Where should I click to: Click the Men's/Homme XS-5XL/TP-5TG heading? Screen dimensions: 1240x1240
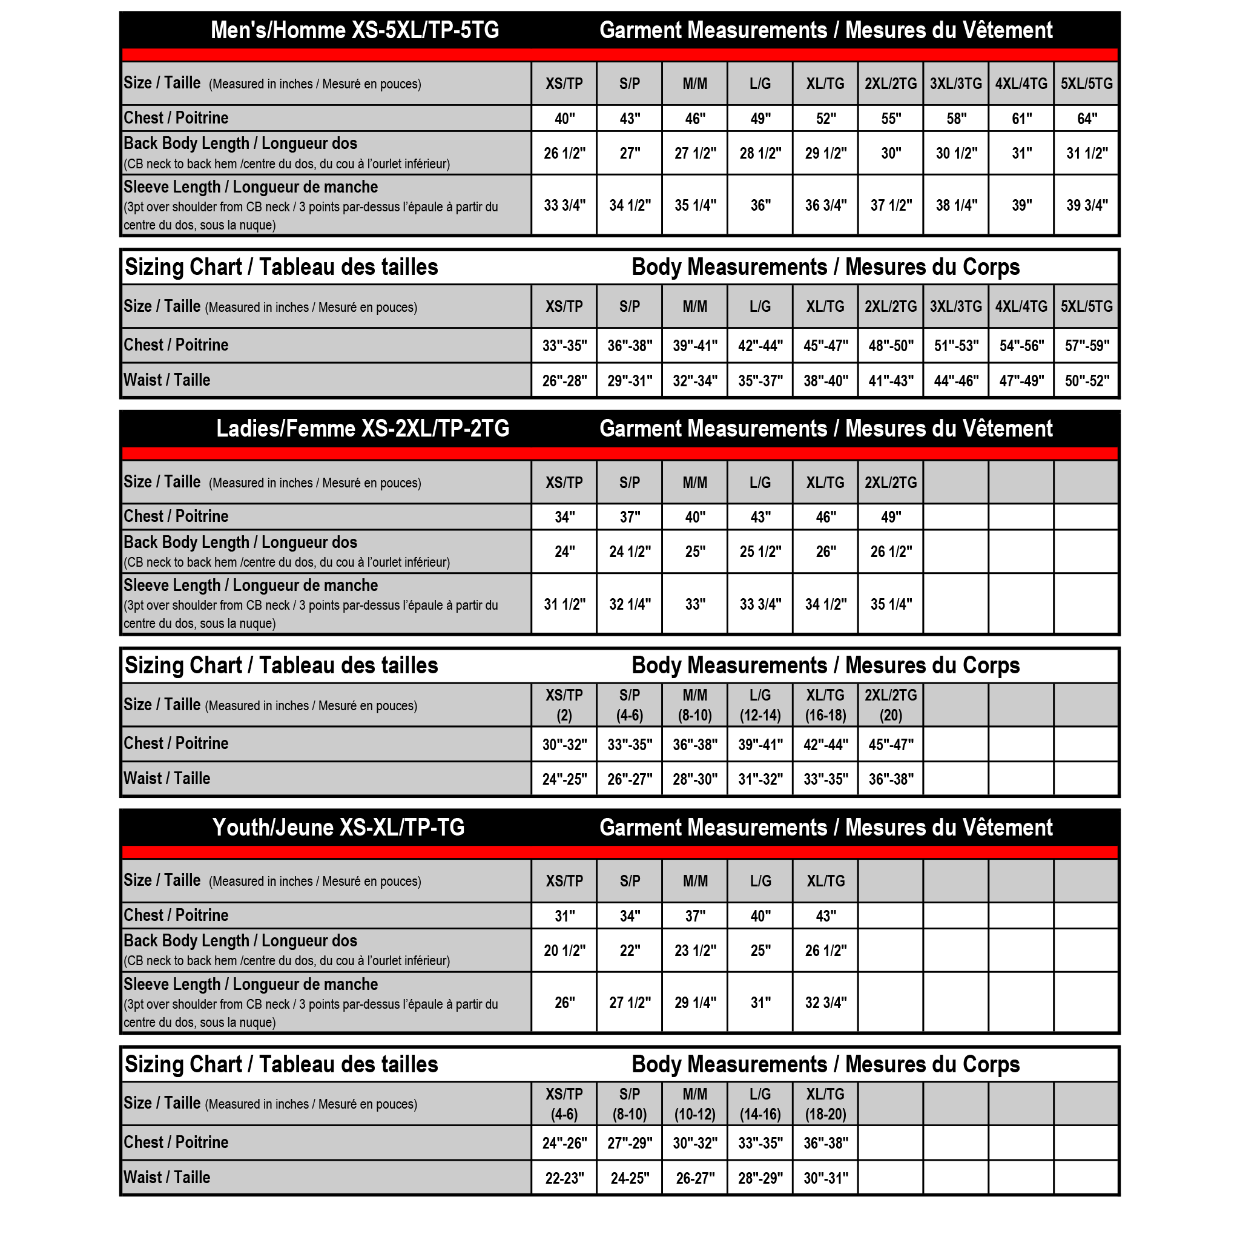click(354, 30)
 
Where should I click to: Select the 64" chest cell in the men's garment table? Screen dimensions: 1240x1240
click(1087, 119)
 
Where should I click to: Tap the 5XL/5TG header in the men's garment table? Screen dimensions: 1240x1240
click(1087, 84)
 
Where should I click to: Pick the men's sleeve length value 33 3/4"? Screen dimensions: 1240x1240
click(564, 205)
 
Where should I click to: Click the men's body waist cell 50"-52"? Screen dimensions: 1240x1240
click(1087, 381)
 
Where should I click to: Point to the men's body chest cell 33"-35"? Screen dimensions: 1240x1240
click(564, 346)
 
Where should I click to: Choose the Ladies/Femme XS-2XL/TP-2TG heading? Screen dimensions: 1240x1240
click(363, 429)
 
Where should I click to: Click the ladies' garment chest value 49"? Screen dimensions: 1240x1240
click(891, 517)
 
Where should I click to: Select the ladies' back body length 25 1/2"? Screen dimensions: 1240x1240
click(760, 552)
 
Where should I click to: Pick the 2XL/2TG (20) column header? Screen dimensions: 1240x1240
click(891, 705)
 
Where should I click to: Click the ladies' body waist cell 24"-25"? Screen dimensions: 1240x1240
click(564, 779)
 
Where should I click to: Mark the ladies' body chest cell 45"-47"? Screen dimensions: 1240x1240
click(891, 745)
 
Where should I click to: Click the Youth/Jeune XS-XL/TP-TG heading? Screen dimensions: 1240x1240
click(338, 828)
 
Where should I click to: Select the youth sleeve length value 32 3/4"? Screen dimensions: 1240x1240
click(825, 1003)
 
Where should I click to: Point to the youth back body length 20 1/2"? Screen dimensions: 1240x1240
click(564, 951)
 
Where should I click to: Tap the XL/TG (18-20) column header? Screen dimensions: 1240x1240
click(825, 1104)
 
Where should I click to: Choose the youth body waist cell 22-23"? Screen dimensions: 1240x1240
click(564, 1178)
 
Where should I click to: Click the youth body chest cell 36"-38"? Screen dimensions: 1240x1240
click(825, 1143)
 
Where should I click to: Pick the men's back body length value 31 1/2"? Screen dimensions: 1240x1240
click(1087, 153)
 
